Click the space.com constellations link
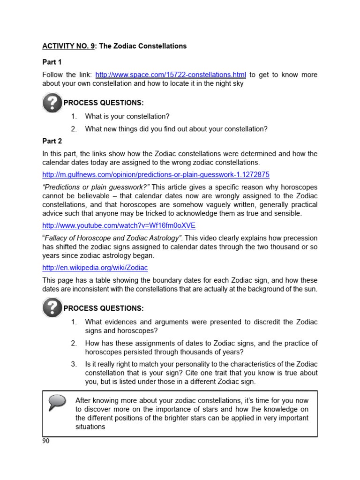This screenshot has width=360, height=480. coord(171,75)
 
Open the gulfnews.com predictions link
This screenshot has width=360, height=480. coord(156,174)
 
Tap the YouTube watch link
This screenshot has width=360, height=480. coord(119,225)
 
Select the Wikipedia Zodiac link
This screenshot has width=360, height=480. coord(95,268)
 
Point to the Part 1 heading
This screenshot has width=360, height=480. coord(52,62)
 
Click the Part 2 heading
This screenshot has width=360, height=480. coord(52,141)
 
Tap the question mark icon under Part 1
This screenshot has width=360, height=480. coord(52,102)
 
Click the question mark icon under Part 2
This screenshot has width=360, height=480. coord(52,307)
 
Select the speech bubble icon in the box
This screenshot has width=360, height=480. coord(58,402)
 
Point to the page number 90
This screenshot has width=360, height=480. coord(45,441)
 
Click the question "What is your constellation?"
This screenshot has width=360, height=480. coord(127,116)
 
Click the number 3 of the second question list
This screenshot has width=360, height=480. coord(74,364)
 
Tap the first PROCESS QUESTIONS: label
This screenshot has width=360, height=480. coord(104,103)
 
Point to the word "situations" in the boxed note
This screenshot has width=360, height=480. coord(90,427)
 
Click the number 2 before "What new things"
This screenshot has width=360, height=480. coord(74,129)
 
